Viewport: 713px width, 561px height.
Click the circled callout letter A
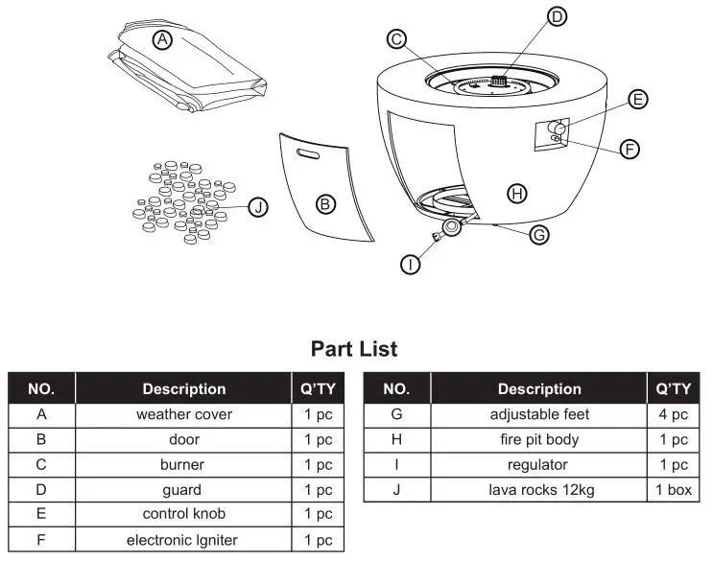(x=162, y=39)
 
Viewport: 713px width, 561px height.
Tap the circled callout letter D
(x=558, y=16)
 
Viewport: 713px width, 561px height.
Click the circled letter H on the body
(x=516, y=194)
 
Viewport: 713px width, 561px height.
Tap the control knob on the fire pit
(x=556, y=129)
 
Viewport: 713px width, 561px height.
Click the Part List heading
(x=354, y=348)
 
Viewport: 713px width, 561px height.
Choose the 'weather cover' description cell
(x=183, y=414)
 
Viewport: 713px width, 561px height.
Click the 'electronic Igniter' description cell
(x=183, y=540)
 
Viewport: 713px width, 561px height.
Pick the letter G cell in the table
(x=396, y=414)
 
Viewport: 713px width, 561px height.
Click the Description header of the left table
(x=183, y=388)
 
